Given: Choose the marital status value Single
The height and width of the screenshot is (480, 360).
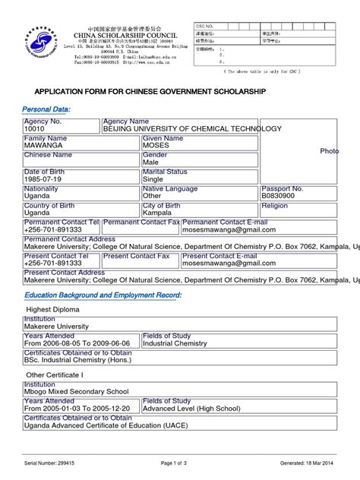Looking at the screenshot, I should click(x=154, y=180).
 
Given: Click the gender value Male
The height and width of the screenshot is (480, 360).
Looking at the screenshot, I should click(x=152, y=163).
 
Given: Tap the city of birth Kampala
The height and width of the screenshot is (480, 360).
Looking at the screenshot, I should click(x=159, y=213).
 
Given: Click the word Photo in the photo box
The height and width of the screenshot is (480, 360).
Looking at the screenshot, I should click(x=329, y=151).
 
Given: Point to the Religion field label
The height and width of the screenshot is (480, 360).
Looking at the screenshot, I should click(x=276, y=206).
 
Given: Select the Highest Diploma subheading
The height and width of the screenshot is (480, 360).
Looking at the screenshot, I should click(x=53, y=310).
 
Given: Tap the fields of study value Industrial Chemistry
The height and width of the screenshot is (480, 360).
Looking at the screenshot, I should click(x=175, y=344).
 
